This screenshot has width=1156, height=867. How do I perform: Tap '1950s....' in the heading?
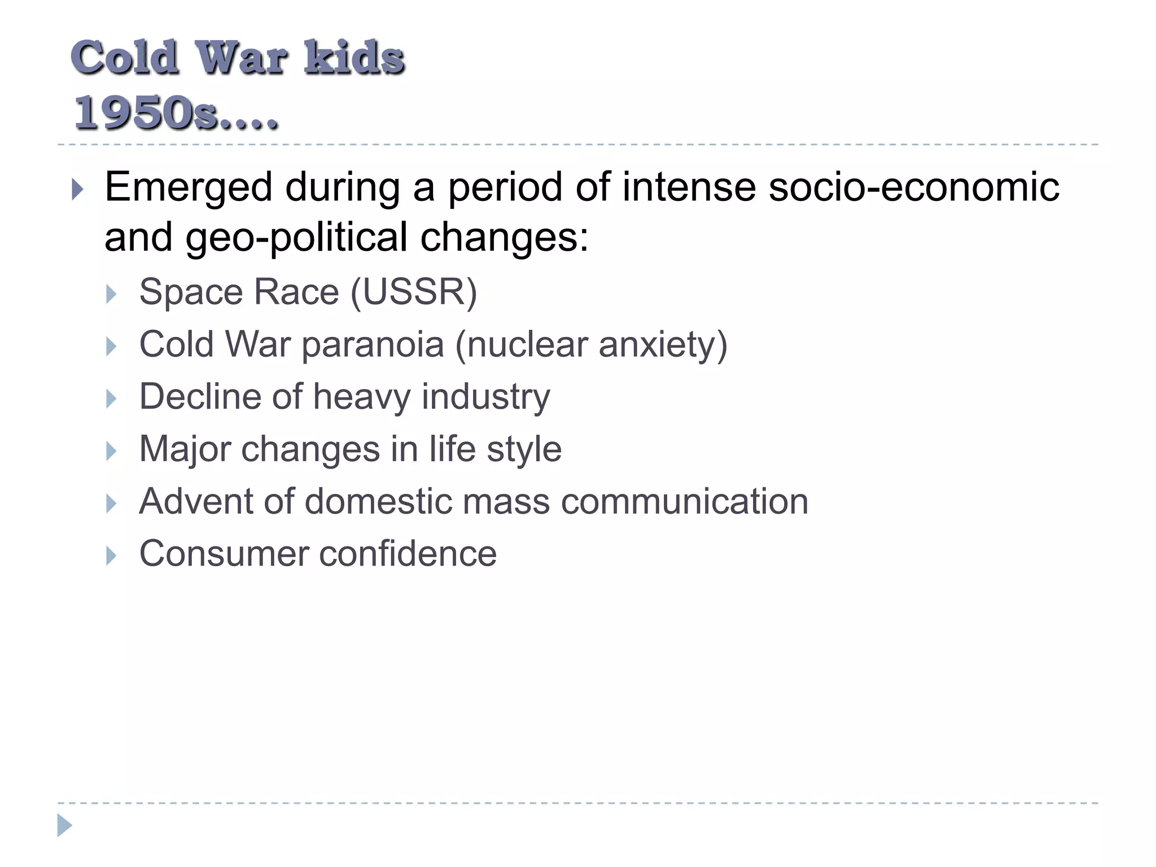(176, 113)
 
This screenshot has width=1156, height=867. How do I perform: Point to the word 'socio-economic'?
(914, 187)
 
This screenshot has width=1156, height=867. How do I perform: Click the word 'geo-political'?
(296, 237)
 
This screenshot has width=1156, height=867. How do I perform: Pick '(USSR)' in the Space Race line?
(414, 292)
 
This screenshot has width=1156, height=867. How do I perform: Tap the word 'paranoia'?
(373, 344)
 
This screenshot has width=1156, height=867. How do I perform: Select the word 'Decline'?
(200, 396)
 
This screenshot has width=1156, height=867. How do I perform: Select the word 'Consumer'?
(224, 554)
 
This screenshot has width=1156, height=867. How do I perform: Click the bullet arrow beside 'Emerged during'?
(78, 190)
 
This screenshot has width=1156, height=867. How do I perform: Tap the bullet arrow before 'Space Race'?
(111, 294)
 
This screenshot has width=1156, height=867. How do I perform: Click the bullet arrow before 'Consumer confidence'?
(111, 556)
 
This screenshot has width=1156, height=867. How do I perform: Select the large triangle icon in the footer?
(64, 825)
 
